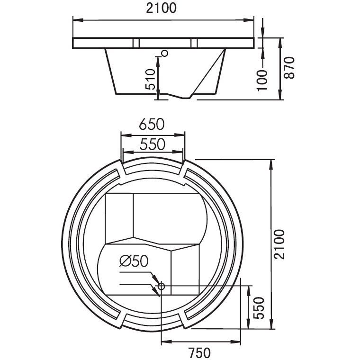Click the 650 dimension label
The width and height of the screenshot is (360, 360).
tap(152, 124)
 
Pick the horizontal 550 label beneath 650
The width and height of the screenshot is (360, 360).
tap(152, 144)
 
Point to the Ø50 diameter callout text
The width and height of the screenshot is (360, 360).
tap(134, 261)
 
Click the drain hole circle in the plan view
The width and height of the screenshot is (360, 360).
tap(161, 286)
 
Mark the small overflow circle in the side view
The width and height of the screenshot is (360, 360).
tap(164, 53)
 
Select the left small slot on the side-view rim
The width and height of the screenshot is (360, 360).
tap(136, 43)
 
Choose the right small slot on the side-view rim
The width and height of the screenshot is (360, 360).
tap(193, 43)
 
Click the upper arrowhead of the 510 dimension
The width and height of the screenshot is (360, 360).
tap(158, 58)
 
